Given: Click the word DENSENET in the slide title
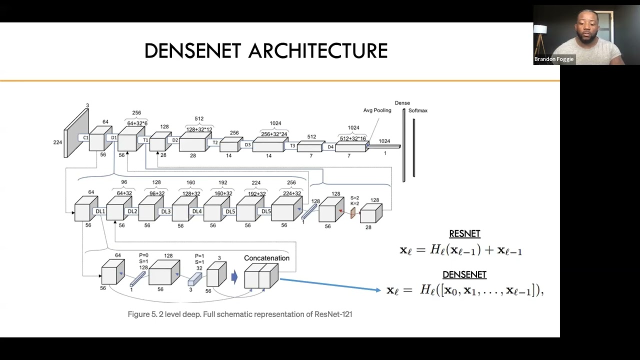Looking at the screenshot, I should click(192, 51).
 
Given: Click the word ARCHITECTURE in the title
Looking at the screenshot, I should click(318, 51).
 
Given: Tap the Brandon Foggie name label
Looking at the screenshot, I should click(554, 59).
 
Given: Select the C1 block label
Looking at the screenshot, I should click(85, 137).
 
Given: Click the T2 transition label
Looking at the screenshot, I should click(215, 142).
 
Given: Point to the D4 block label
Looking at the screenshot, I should click(330, 147).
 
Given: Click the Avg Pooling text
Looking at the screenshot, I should click(377, 110).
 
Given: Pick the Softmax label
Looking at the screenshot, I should click(418, 110).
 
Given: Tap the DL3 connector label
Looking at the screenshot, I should click(165, 211).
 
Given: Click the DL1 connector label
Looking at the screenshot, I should click(100, 211).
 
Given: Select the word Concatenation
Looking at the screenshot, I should click(266, 258).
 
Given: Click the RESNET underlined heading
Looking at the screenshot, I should click(464, 233).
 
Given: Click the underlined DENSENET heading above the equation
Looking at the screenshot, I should click(464, 274).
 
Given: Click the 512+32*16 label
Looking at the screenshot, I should click(353, 138).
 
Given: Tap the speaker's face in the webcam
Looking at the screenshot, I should click(586, 24).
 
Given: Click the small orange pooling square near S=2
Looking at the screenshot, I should click(352, 213).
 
